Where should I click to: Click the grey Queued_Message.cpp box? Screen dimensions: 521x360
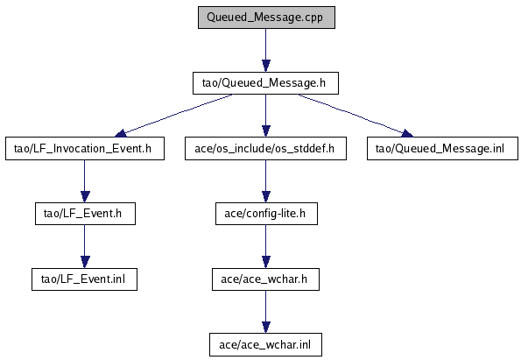(x=266, y=18)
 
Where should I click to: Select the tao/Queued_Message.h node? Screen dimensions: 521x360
(x=265, y=83)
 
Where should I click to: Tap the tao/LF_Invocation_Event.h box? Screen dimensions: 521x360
(x=85, y=149)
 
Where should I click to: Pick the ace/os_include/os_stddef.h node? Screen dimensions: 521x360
(x=265, y=149)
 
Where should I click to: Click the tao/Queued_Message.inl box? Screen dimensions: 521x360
(x=442, y=149)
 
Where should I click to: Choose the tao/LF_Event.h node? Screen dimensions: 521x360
(x=85, y=214)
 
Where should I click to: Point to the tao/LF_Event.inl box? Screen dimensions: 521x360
(x=84, y=279)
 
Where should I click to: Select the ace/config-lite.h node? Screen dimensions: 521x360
(x=266, y=214)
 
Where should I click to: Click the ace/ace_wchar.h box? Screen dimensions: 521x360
(x=266, y=279)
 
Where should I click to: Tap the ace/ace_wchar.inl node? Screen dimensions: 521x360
(x=265, y=345)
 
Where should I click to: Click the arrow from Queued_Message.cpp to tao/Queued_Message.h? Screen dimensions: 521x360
(x=266, y=50)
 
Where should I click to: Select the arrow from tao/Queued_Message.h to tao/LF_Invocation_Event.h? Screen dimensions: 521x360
(x=173, y=116)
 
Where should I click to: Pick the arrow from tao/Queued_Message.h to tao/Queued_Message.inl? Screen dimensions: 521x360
(x=356, y=116)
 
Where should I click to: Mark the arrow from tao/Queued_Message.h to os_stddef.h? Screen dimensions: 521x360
(x=266, y=116)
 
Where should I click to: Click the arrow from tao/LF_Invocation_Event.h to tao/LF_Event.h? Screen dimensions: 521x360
(x=85, y=181)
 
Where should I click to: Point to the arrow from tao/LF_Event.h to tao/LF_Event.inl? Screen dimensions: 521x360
(x=85, y=247)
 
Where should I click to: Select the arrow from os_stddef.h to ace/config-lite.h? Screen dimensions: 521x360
(x=266, y=181)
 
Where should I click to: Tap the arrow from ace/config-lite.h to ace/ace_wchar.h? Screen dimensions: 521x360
(x=266, y=247)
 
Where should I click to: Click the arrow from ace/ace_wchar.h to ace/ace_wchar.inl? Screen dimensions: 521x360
(x=266, y=312)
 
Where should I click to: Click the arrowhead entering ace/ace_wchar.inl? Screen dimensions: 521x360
(x=266, y=328)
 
